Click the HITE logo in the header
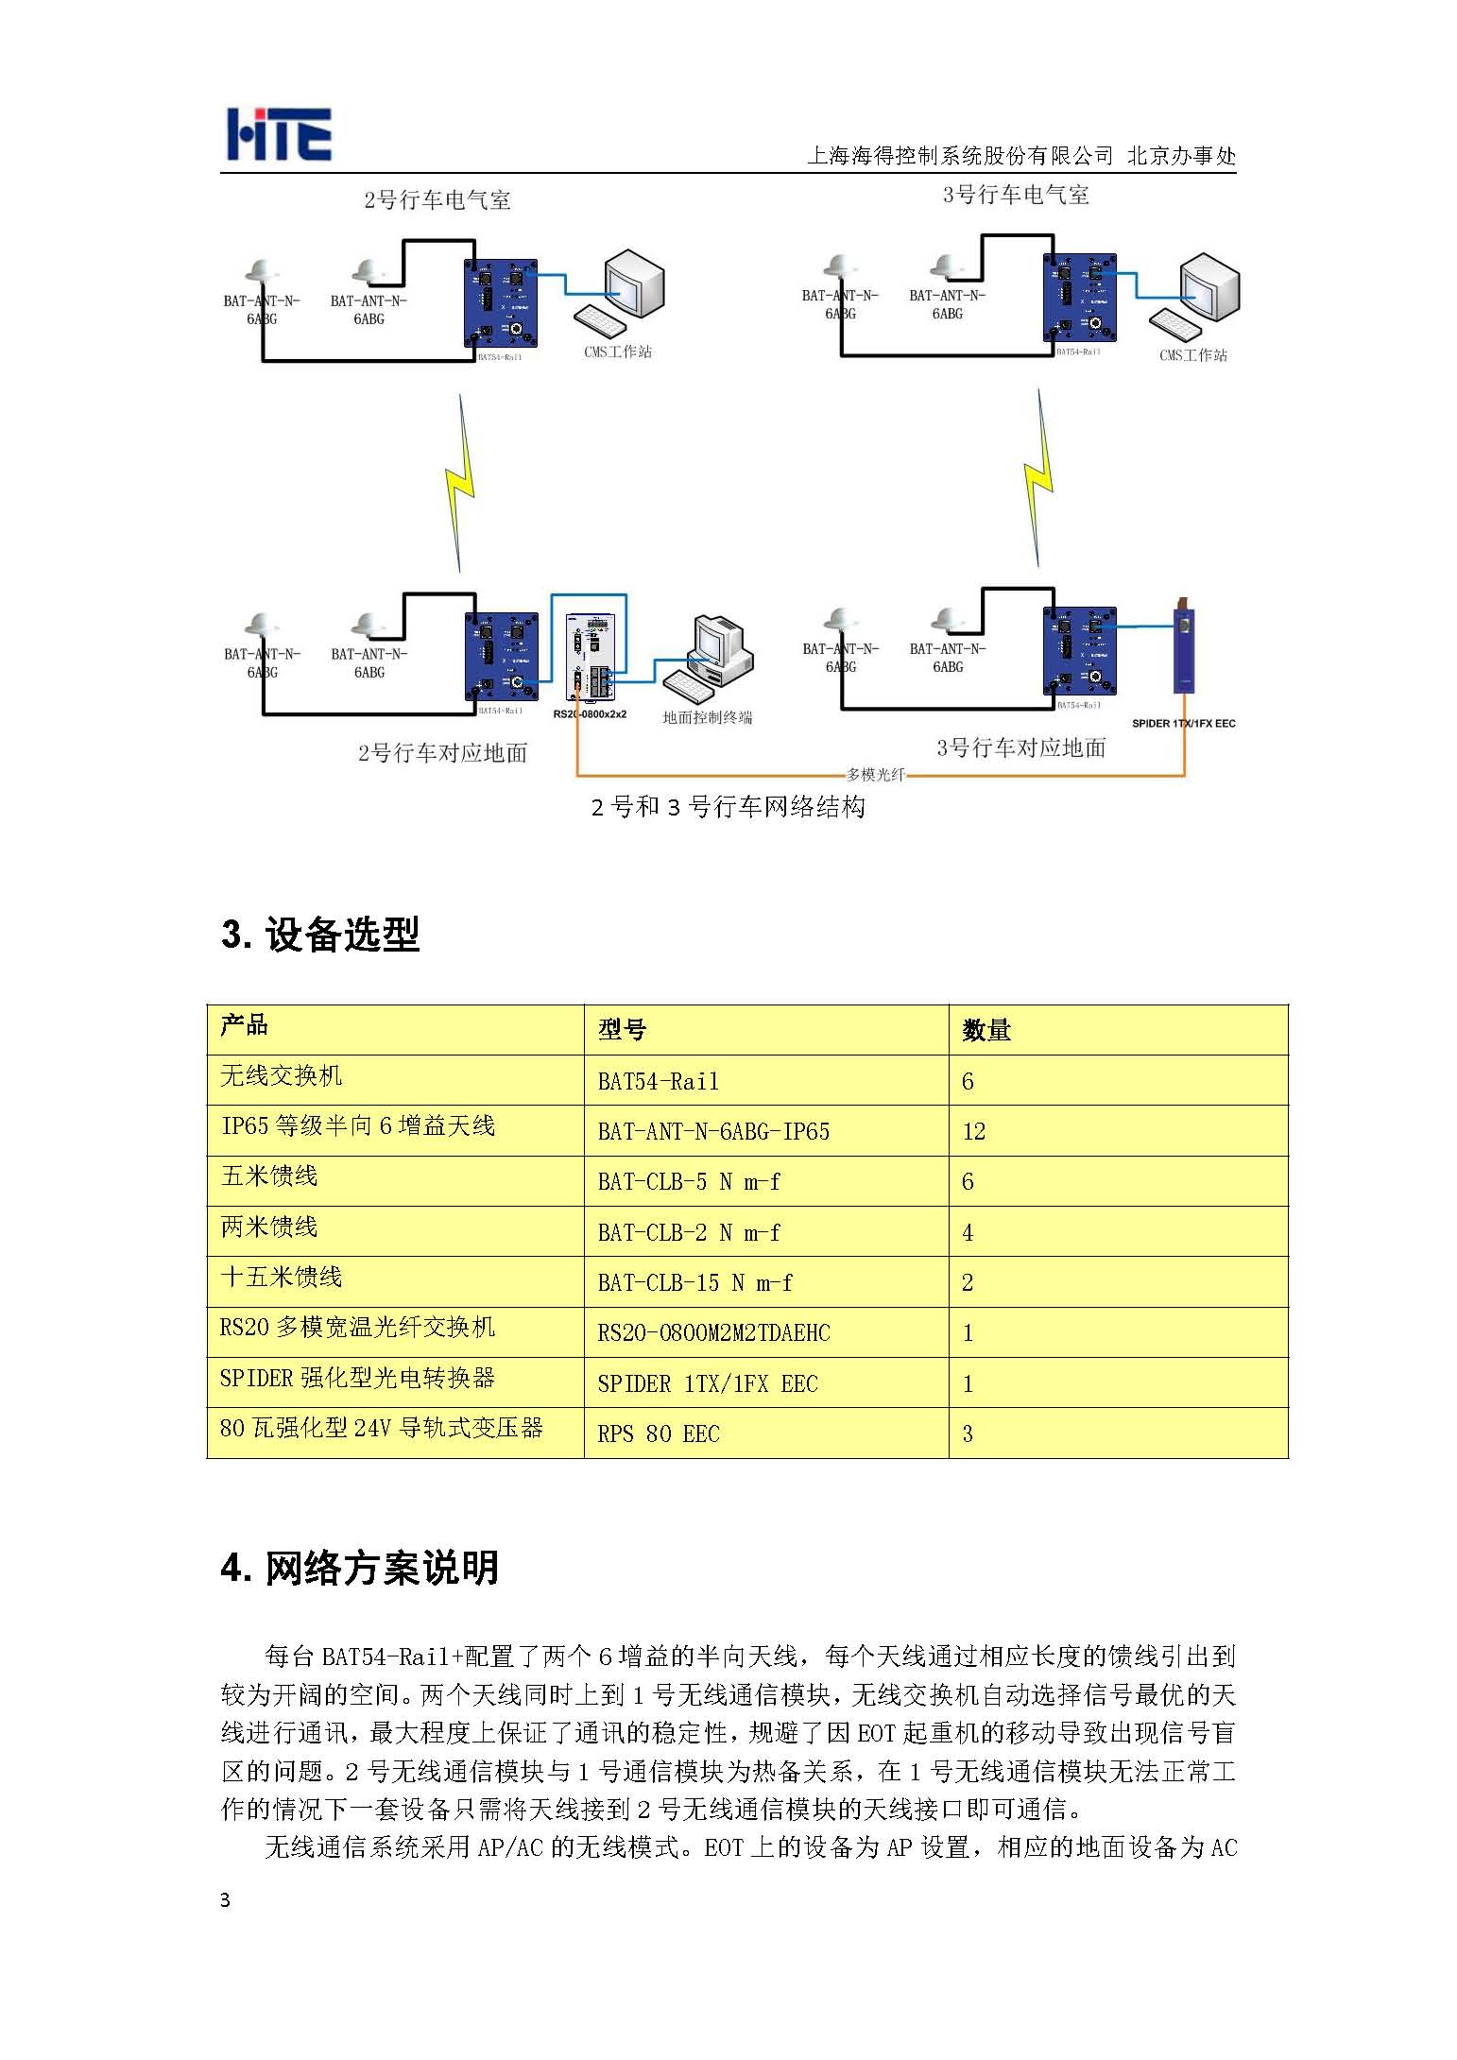click(x=279, y=134)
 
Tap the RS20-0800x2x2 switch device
click(x=590, y=656)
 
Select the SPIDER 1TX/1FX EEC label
click(x=1183, y=723)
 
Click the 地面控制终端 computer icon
click(x=710, y=654)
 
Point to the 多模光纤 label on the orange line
click(x=875, y=775)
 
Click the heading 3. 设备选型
click(x=320, y=935)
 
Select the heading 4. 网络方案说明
click(x=360, y=1568)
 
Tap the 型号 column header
click(x=622, y=1030)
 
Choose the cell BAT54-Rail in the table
click(x=658, y=1081)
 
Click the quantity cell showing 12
click(x=973, y=1131)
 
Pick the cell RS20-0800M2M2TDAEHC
click(x=713, y=1332)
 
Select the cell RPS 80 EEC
click(x=659, y=1433)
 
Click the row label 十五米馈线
click(x=281, y=1277)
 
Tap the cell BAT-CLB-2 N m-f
click(x=689, y=1232)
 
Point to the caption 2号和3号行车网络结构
click(x=728, y=807)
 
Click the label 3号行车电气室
click(x=1016, y=196)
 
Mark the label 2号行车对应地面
click(x=442, y=753)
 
